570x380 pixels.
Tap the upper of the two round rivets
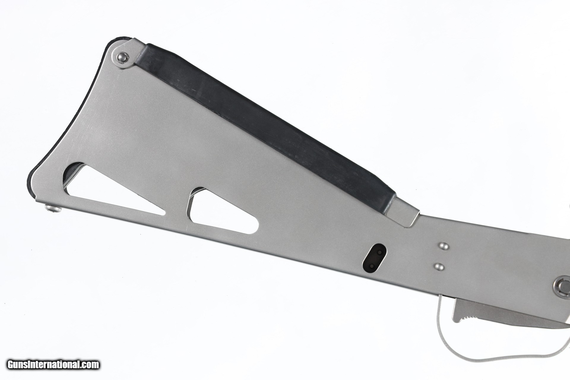443,246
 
